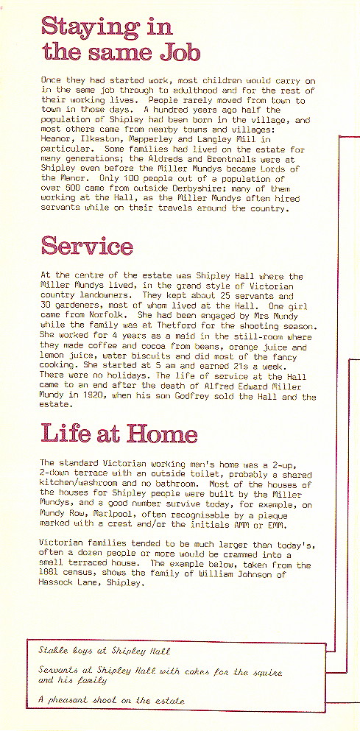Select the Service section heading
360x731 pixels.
pyautogui.click(x=87, y=245)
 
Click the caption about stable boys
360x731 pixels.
pyautogui.click(x=105, y=651)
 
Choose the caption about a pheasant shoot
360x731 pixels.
pyautogui.click(x=112, y=700)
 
